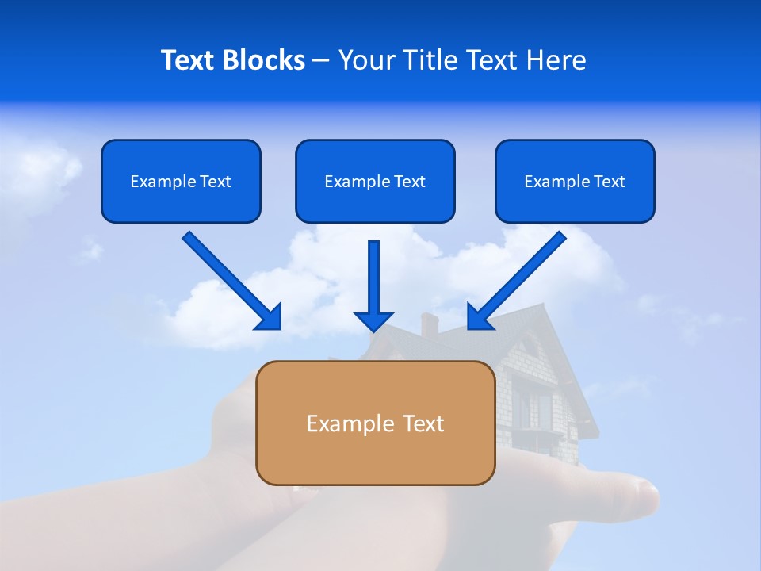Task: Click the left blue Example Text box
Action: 181,181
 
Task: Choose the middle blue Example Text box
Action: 375,181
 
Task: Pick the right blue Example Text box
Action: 575,181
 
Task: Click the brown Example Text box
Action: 375,423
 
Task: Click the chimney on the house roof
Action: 429,323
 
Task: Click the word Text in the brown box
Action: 423,423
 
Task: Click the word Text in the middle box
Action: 409,182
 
